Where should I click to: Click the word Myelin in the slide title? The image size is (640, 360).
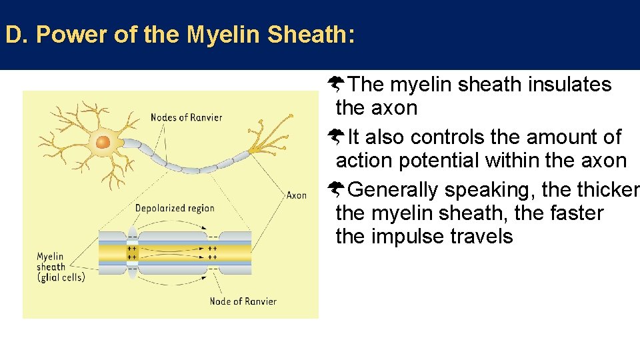coord(224,35)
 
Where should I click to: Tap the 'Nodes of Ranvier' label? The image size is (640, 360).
coord(186,118)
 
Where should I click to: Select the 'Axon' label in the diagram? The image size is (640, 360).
coord(296,195)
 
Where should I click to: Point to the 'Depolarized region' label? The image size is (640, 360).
coord(175,208)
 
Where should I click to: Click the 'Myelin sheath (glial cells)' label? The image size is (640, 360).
coord(60,267)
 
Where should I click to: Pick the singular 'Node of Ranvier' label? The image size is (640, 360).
coord(243,301)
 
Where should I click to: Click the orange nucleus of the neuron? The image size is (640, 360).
coord(103,142)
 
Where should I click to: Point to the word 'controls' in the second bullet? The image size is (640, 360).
coord(444,137)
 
